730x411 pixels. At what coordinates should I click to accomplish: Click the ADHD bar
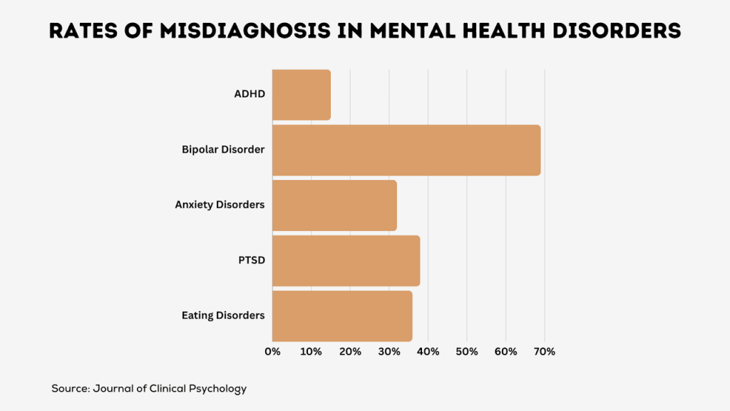pyautogui.click(x=302, y=95)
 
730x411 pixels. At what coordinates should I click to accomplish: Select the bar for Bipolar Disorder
pyautogui.click(x=406, y=150)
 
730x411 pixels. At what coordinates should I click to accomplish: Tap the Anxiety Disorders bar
pyautogui.click(x=334, y=205)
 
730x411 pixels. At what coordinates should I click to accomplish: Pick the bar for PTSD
pyautogui.click(x=346, y=260)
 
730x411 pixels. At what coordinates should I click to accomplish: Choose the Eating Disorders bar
pyautogui.click(x=342, y=315)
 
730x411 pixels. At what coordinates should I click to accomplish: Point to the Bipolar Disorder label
pyautogui.click(x=223, y=150)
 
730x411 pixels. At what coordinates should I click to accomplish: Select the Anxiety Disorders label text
pyautogui.click(x=220, y=205)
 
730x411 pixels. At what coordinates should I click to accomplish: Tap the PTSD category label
pyautogui.click(x=252, y=260)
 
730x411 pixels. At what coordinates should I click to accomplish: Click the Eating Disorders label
pyautogui.click(x=223, y=315)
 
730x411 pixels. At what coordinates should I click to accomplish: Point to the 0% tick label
pyautogui.click(x=272, y=351)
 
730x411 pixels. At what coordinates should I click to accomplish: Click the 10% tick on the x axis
pyautogui.click(x=311, y=351)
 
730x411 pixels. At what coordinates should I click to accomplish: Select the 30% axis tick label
pyautogui.click(x=389, y=351)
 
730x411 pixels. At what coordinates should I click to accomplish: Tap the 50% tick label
pyautogui.click(x=466, y=351)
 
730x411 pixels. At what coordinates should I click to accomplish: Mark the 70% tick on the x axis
pyautogui.click(x=544, y=351)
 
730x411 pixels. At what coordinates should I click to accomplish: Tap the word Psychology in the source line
pyautogui.click(x=217, y=389)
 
